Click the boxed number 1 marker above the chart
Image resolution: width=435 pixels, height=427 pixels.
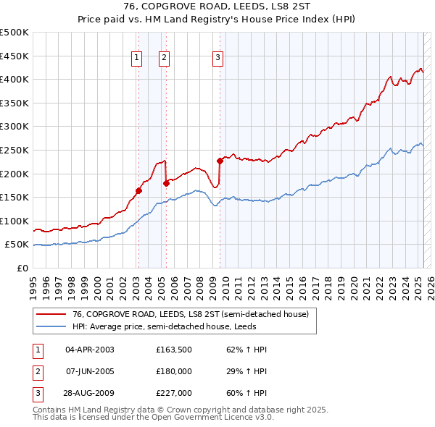138,59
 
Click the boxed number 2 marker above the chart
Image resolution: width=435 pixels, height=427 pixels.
165,59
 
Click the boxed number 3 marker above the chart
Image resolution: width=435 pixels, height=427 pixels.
218,59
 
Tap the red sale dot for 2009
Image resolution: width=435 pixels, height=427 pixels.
220,161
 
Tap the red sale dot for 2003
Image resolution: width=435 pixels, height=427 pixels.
138,191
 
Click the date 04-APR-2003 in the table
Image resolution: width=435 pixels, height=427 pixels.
90,350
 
